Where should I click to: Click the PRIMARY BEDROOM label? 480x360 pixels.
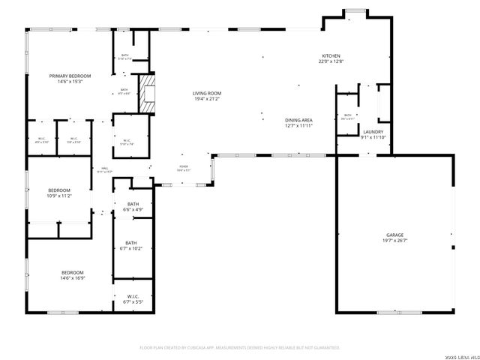pyautogui.click(x=70, y=76)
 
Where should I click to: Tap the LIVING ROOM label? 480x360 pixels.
pyautogui.click(x=208, y=94)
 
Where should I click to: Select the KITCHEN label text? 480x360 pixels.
pyautogui.click(x=331, y=56)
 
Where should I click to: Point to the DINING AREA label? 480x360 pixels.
pyautogui.click(x=298, y=120)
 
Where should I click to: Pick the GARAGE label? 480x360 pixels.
pyautogui.click(x=394, y=235)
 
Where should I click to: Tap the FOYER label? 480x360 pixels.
pyautogui.click(x=183, y=166)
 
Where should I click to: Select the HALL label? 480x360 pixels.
pyautogui.click(x=105, y=167)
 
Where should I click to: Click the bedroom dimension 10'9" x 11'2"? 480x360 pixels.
pyautogui.click(x=59, y=196)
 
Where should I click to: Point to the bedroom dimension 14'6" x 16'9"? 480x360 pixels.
pyautogui.click(x=72, y=277)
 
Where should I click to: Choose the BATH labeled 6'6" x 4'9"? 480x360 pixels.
pyautogui.click(x=133, y=209)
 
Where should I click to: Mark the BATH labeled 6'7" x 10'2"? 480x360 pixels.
pyautogui.click(x=131, y=248)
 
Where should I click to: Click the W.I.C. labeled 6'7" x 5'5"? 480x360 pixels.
pyautogui.click(x=133, y=301)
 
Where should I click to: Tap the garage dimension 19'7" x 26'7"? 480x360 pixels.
pyautogui.click(x=394, y=241)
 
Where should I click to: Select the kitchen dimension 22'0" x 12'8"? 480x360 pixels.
pyautogui.click(x=331, y=62)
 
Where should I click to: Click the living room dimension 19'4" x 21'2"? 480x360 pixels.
pyautogui.click(x=208, y=99)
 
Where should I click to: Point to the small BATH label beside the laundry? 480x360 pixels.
pyautogui.click(x=348, y=115)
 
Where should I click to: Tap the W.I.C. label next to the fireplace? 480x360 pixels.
pyautogui.click(x=127, y=139)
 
